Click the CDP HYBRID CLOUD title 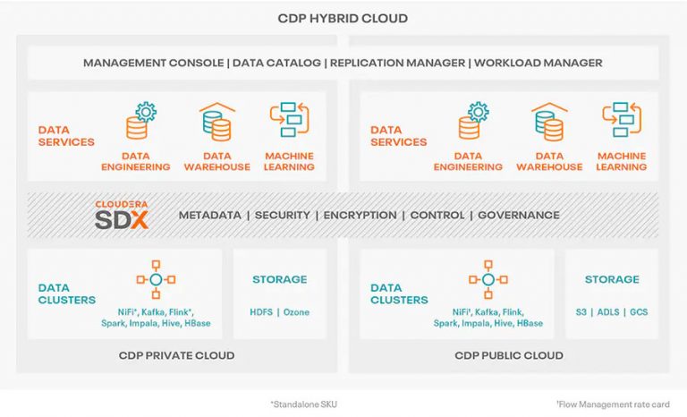tap(343, 18)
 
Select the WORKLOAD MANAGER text tap(538, 63)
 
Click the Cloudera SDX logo tap(122, 216)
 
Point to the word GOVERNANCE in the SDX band tap(518, 216)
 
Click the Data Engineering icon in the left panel tap(137, 123)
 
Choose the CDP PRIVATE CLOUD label tap(176, 355)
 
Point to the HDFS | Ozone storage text tap(279, 311)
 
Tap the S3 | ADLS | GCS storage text tap(612, 311)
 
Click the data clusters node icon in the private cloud tap(156, 279)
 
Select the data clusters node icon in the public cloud tap(488, 279)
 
